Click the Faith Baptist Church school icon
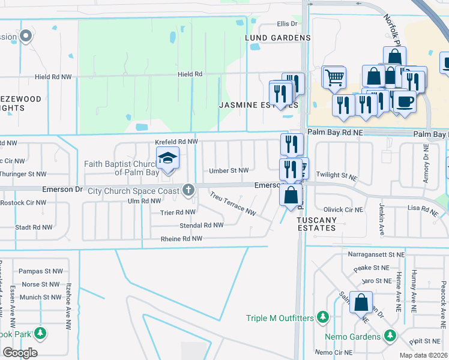(x=167, y=159)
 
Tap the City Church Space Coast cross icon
(x=188, y=191)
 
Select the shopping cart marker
(x=334, y=77)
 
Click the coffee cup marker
(x=405, y=101)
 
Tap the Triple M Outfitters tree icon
(x=323, y=316)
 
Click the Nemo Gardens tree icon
(x=390, y=334)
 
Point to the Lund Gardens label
(x=277, y=37)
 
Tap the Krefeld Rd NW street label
(x=176, y=142)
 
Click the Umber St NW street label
(x=229, y=171)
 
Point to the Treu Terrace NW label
(x=233, y=204)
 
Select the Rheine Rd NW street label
(x=181, y=239)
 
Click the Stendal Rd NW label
(x=202, y=226)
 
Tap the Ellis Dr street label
(x=287, y=24)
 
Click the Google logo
(x=20, y=352)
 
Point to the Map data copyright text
(x=423, y=355)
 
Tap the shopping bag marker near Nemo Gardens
(x=361, y=303)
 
